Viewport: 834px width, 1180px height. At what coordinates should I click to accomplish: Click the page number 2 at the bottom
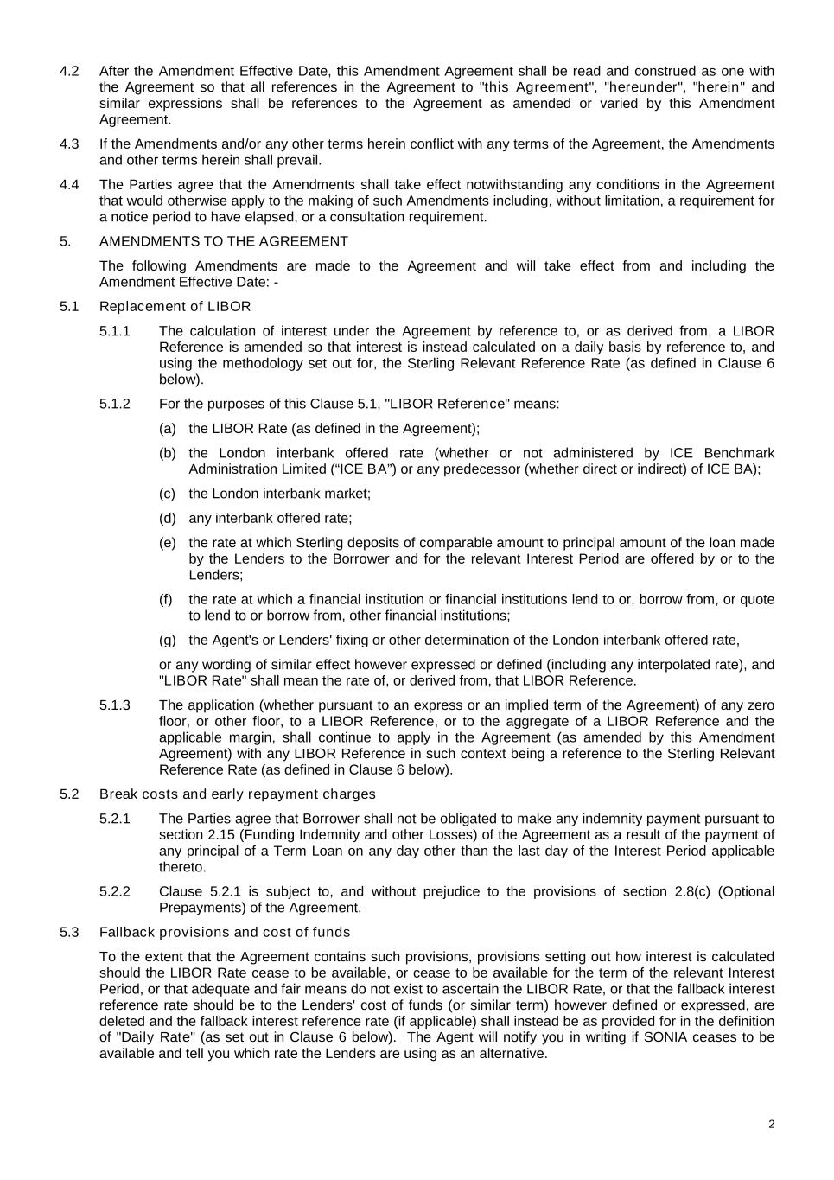point(771,1124)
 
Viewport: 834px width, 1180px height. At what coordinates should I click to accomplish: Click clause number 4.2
point(69,71)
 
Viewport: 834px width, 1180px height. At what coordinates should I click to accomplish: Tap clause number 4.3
point(69,144)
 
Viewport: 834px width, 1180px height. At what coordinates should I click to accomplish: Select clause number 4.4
point(69,184)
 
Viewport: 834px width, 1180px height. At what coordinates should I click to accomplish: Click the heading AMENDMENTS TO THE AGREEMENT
point(224,241)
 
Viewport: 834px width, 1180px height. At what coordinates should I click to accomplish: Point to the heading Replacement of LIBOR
point(175,306)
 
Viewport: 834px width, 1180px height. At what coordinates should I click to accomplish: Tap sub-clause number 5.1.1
point(115,330)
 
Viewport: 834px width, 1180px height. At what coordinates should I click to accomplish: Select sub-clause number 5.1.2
point(115,404)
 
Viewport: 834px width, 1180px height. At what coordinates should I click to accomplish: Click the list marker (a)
point(168,428)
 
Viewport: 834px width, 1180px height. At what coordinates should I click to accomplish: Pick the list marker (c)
point(168,494)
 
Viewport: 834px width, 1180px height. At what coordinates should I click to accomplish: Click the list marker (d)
point(168,518)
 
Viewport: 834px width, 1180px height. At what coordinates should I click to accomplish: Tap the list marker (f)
point(166,599)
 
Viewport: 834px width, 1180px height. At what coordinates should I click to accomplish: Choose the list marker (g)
point(168,640)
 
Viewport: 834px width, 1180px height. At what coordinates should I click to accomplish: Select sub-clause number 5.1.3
point(115,705)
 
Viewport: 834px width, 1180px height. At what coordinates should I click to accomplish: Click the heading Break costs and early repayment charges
point(238,794)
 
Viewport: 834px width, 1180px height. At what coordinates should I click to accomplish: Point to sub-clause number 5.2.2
point(115,891)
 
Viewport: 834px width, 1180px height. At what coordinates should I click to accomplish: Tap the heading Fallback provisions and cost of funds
point(225,932)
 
